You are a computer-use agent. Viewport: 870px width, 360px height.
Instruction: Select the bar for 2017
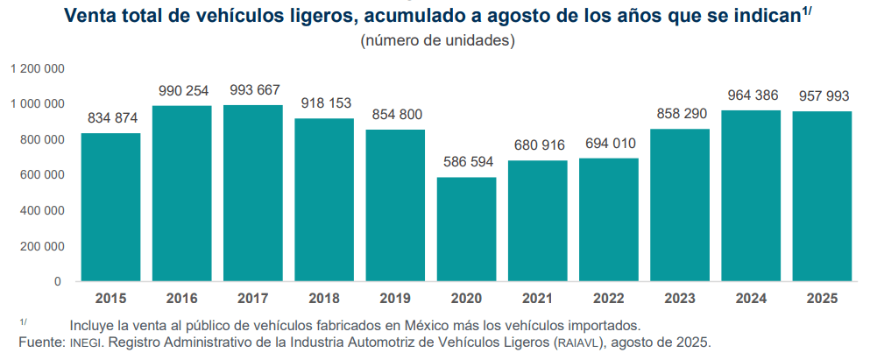[253, 193]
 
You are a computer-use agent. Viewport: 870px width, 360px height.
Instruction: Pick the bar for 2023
[680, 205]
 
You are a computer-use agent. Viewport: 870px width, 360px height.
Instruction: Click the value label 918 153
[324, 103]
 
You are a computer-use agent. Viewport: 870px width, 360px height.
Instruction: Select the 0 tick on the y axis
[58, 281]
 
